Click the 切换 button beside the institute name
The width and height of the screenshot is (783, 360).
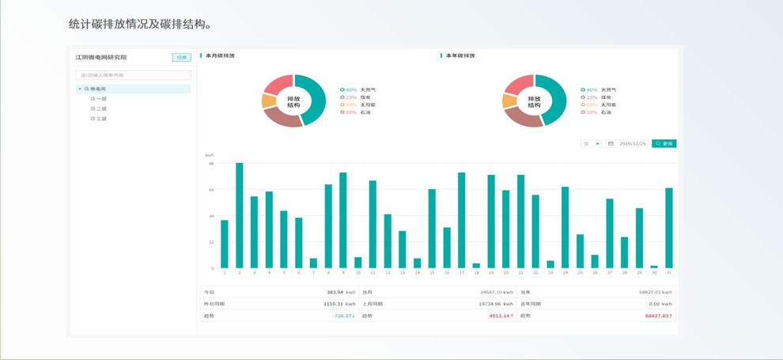(x=181, y=58)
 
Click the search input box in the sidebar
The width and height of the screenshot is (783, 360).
(x=133, y=75)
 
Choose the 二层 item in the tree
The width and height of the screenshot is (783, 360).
(x=99, y=108)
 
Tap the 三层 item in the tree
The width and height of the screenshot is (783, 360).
(x=99, y=119)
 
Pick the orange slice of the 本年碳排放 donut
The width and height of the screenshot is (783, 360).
(x=509, y=101)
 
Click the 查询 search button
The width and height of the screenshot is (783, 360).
(x=664, y=144)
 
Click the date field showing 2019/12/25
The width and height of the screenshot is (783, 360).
(x=629, y=144)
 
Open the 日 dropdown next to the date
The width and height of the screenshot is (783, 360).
(x=592, y=144)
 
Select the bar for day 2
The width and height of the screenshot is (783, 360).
(x=240, y=215)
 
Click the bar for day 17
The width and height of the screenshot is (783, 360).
(x=462, y=220)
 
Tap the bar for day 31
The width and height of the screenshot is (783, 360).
(x=669, y=228)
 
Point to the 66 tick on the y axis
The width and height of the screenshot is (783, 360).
(x=212, y=190)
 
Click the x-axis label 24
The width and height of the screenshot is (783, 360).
(x=565, y=273)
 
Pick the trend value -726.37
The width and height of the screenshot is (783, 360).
(x=342, y=316)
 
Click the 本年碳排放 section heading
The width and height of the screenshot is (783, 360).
(x=460, y=56)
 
